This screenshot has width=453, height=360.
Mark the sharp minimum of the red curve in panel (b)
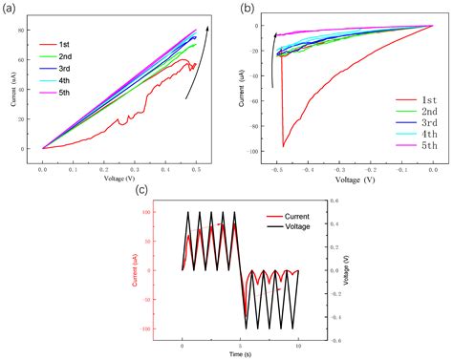[x=284, y=146]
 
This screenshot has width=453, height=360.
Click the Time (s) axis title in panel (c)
[x=241, y=352]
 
